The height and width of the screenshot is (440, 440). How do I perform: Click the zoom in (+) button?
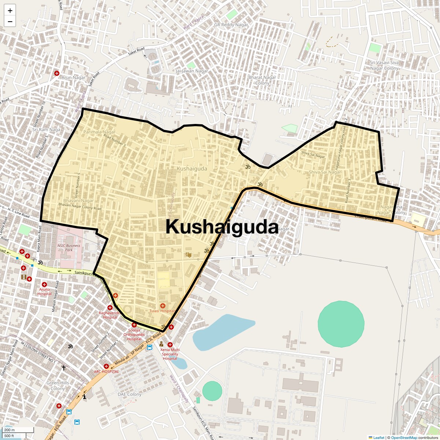click(10, 11)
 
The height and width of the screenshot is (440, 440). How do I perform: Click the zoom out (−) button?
click(10, 22)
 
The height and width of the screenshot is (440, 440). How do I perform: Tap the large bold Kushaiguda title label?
click(222, 227)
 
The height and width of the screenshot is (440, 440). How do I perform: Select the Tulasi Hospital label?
click(162, 311)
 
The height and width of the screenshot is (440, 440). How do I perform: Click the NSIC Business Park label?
click(69, 248)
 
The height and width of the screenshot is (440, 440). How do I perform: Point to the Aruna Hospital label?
click(44, 291)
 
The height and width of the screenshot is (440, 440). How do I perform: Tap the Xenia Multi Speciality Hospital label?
click(170, 354)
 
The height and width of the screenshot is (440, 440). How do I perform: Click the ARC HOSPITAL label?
click(106, 371)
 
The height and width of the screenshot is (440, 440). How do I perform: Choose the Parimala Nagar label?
click(99, 132)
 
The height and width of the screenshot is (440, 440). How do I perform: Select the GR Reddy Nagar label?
click(231, 25)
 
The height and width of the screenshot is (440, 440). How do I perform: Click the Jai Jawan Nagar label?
click(192, 71)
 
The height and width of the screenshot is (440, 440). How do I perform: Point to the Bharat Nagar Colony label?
click(262, 80)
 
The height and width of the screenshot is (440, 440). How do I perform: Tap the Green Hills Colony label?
click(58, 385)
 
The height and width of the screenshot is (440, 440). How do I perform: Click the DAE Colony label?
click(129, 395)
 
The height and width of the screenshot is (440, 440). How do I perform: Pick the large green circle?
click(341, 324)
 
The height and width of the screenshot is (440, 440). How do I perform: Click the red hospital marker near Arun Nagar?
click(57, 73)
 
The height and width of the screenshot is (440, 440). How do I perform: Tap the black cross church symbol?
click(64, 367)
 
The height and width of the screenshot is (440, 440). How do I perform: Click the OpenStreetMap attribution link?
click(404, 437)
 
